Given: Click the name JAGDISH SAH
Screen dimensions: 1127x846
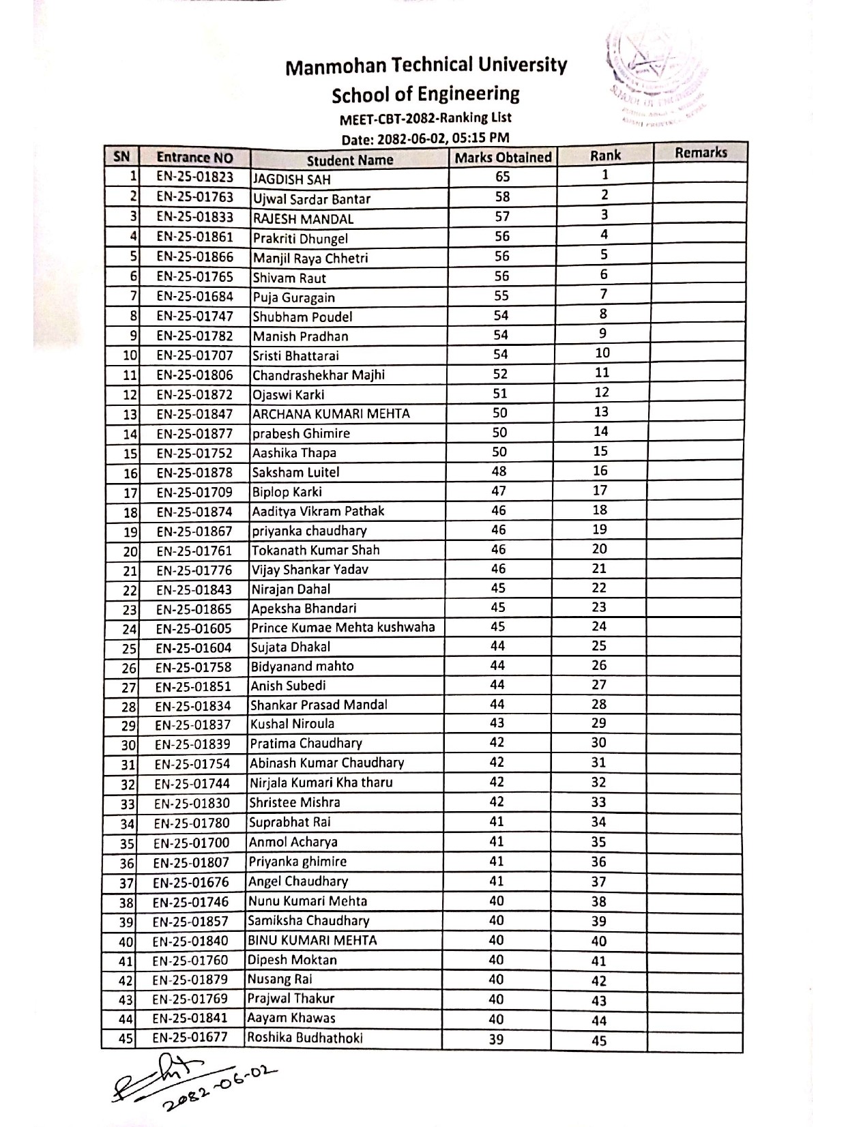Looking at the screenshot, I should click(292, 179).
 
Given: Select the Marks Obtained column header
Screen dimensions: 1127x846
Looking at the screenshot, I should click(503, 158).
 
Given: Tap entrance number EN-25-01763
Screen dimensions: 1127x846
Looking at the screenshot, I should click(194, 197).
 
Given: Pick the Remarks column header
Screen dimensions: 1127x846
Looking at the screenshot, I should click(701, 153).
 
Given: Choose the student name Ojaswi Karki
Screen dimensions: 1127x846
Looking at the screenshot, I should click(289, 394).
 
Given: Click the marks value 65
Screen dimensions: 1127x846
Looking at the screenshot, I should click(503, 177).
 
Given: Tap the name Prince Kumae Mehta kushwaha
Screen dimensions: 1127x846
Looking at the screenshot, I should click(342, 627).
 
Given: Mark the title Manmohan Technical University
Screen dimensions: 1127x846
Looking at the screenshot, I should click(426, 65).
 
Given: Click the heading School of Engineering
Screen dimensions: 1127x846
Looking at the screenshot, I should click(426, 93).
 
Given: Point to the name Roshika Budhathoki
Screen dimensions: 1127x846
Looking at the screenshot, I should click(305, 1038).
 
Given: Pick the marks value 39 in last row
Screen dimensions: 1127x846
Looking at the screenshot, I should click(496, 1039).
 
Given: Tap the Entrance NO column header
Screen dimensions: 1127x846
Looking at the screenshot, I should click(194, 158).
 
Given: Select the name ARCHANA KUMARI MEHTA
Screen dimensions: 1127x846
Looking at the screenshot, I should click(331, 413).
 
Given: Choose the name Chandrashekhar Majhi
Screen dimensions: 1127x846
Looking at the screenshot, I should click(319, 375).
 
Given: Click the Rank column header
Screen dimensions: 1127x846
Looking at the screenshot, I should click(605, 156).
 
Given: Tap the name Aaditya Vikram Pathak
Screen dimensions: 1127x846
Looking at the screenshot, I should click(318, 511).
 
